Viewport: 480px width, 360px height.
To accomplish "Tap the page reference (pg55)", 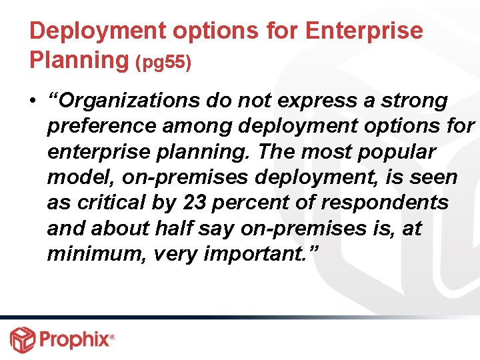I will (x=163, y=63).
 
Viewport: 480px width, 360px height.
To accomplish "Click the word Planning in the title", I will (x=79, y=60).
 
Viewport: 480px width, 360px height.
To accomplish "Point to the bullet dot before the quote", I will (x=33, y=101).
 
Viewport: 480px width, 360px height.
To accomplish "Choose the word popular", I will (x=397, y=152).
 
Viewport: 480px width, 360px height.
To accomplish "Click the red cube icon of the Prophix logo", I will (x=22, y=339).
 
